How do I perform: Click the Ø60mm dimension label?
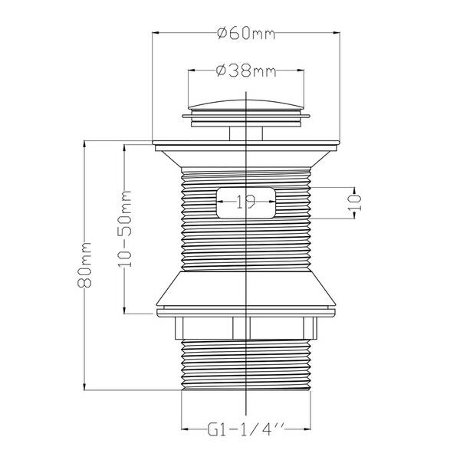pos(246,33)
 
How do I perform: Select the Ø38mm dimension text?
pos(246,71)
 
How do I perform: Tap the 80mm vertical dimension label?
pos(85,264)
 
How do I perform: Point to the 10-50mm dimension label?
pos(125,228)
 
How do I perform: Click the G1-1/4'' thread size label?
pos(246,429)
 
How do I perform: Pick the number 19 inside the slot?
pos(246,202)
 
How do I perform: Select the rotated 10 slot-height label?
pos(354,202)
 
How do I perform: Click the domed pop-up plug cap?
pos(246,105)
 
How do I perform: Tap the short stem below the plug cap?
pos(246,133)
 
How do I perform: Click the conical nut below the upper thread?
pos(246,289)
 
